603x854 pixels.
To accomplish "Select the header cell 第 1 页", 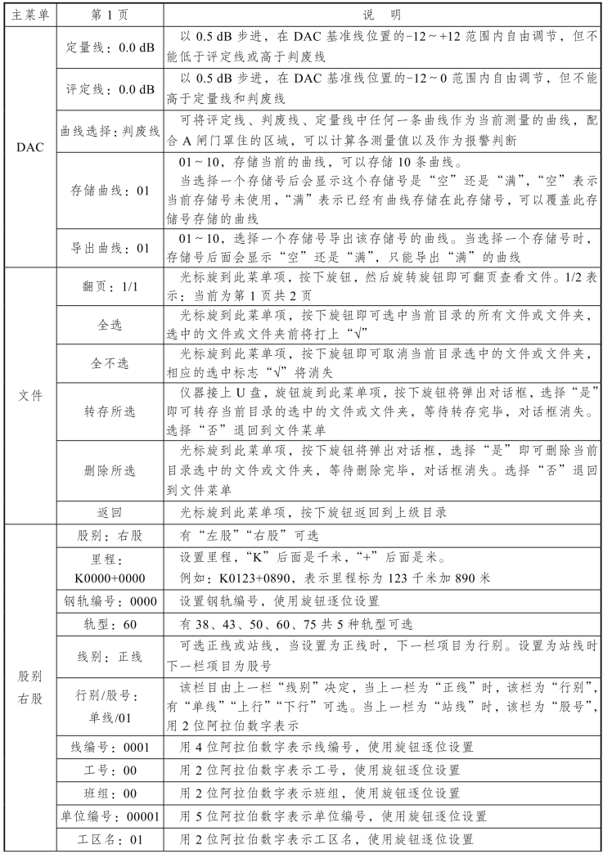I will click(x=110, y=14).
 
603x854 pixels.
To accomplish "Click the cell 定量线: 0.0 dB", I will click(x=110, y=47).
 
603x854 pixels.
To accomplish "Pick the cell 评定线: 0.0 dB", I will click(x=110, y=89).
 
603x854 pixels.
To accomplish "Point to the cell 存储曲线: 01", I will click(x=110, y=191).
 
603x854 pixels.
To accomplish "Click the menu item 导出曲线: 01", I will click(x=110, y=246).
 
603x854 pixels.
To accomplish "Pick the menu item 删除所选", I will click(x=110, y=471).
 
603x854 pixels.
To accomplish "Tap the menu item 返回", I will click(x=110, y=513).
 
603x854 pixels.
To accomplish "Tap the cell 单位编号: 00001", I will click(x=110, y=816).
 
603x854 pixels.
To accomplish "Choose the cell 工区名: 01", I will click(x=110, y=839).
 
